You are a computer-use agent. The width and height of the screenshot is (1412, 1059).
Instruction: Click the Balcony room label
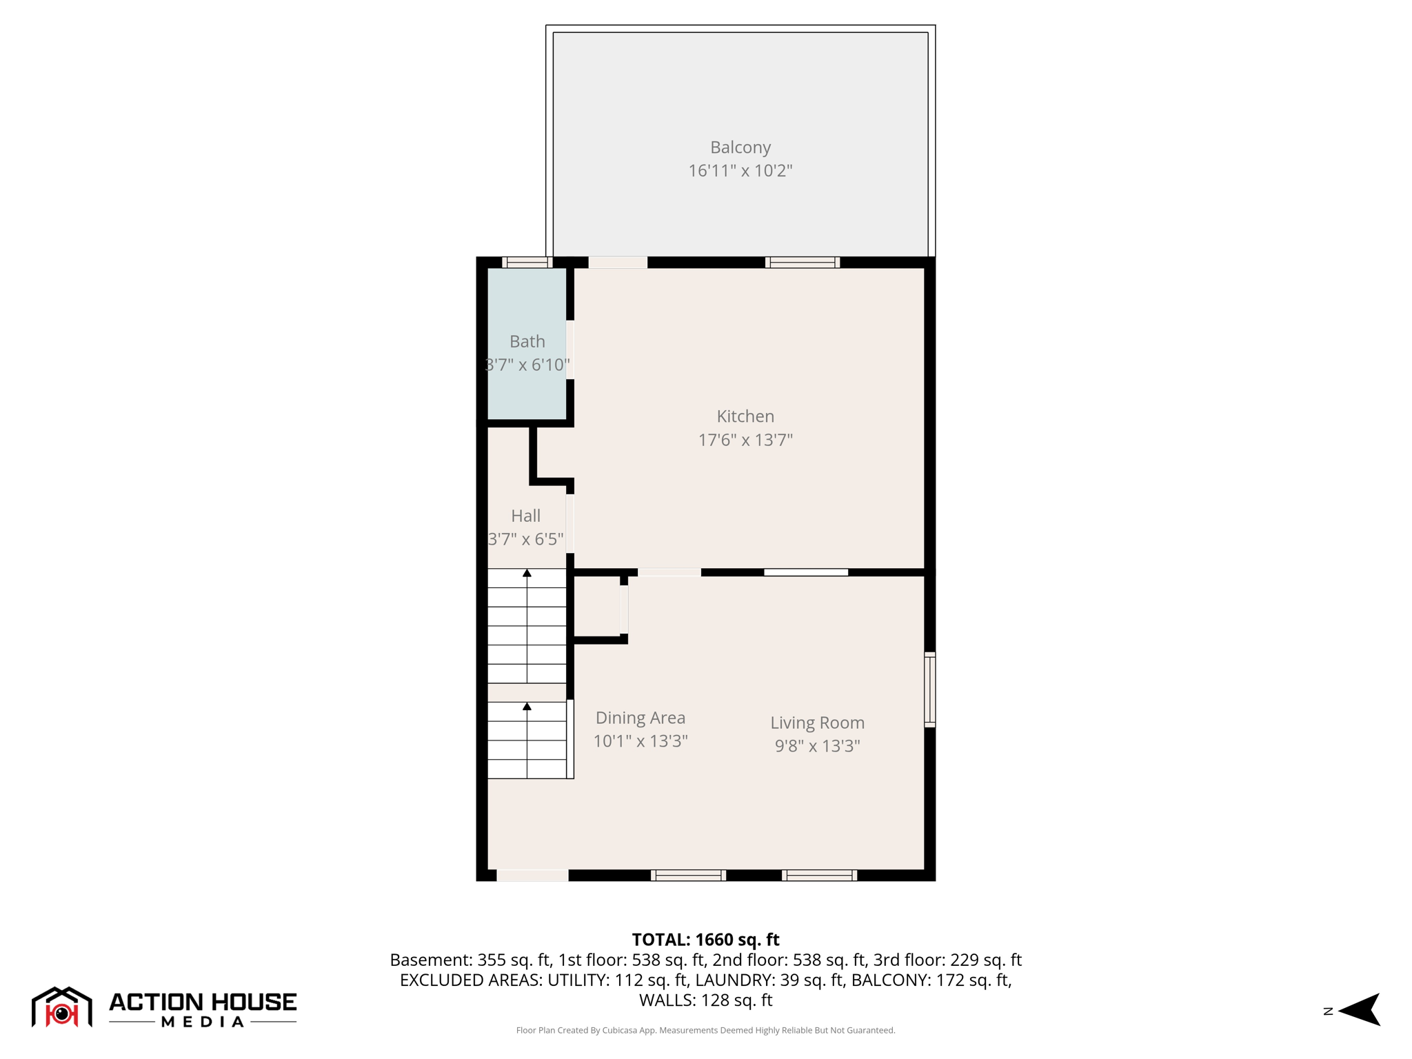pos(740,148)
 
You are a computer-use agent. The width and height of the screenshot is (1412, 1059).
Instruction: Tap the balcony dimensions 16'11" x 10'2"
pos(740,170)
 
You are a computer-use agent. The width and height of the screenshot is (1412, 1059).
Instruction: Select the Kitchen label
pos(745,416)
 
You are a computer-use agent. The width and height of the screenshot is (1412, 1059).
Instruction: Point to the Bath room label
pos(527,341)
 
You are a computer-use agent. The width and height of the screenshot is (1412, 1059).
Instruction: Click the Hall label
pos(525,516)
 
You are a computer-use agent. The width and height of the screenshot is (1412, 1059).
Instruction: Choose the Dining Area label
pos(640,718)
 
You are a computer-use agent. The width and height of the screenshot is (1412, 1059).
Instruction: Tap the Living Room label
pos(817,723)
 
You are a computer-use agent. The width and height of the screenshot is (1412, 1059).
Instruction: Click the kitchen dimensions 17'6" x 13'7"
pos(745,440)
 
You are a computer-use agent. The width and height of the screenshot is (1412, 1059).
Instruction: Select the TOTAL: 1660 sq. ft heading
pos(705,940)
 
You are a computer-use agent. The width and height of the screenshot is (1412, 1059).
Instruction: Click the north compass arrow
pos(1360,1010)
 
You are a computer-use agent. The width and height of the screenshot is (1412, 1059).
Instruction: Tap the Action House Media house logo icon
pos(61,1007)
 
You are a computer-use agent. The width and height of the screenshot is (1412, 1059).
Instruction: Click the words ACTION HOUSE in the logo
pos(203,1002)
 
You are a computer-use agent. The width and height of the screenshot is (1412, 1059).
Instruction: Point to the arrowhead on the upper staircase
pos(527,573)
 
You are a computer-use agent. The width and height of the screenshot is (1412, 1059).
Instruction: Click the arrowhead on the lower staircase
pos(527,706)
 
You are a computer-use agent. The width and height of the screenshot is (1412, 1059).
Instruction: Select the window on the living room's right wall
pos(929,689)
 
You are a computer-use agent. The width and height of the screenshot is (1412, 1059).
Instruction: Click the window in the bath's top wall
pos(527,262)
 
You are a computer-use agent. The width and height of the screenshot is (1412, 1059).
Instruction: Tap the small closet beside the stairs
pos(597,606)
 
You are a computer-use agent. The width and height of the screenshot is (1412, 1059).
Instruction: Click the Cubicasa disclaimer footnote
pos(705,1030)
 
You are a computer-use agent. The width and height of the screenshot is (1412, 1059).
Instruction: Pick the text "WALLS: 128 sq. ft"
pos(705,1000)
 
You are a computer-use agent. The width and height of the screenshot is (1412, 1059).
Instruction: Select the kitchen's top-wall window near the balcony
pos(802,262)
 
